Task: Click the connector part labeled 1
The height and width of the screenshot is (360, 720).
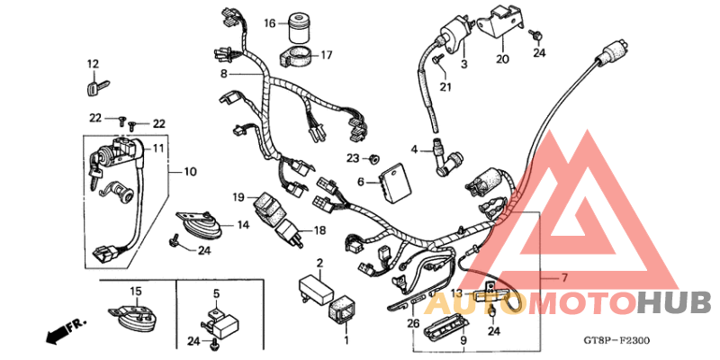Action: [345, 313]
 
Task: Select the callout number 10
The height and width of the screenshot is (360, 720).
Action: [190, 171]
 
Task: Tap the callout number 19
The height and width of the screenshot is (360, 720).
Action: [238, 196]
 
